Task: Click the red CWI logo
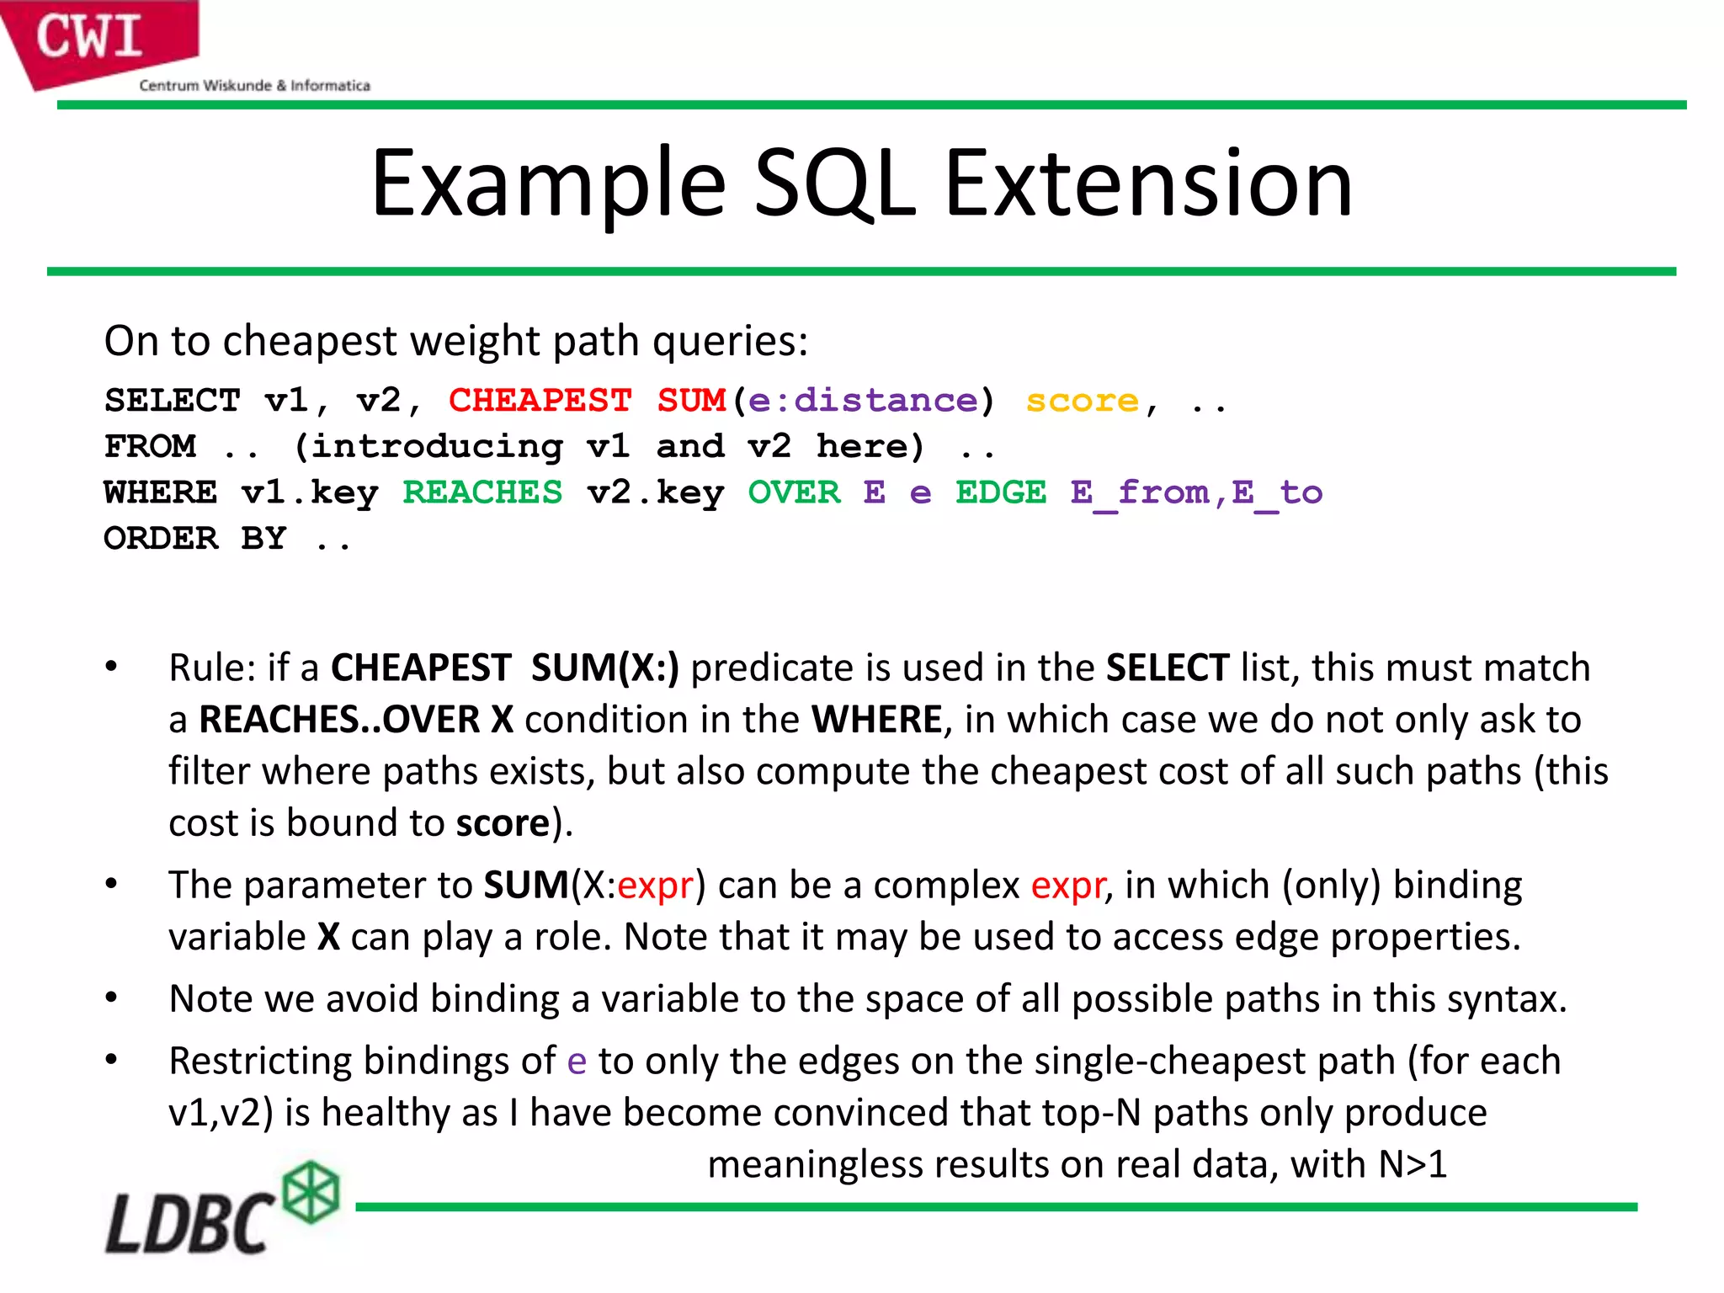pos(93,38)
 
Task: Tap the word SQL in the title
pos(834,184)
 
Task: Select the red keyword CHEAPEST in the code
pos(540,401)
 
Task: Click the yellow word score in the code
pos(1082,401)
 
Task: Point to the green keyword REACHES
pos(482,492)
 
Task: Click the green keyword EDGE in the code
pos(1001,492)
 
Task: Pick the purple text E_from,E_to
pos(1196,492)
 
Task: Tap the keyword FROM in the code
pos(151,446)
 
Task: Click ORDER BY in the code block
pos(195,538)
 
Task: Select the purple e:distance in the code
pos(863,401)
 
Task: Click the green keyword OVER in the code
pos(794,492)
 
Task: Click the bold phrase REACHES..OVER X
pos(355,720)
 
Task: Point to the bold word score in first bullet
pos(503,823)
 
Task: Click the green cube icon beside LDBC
pos(311,1192)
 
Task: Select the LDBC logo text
pos(189,1223)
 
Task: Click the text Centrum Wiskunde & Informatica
pos(254,86)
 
